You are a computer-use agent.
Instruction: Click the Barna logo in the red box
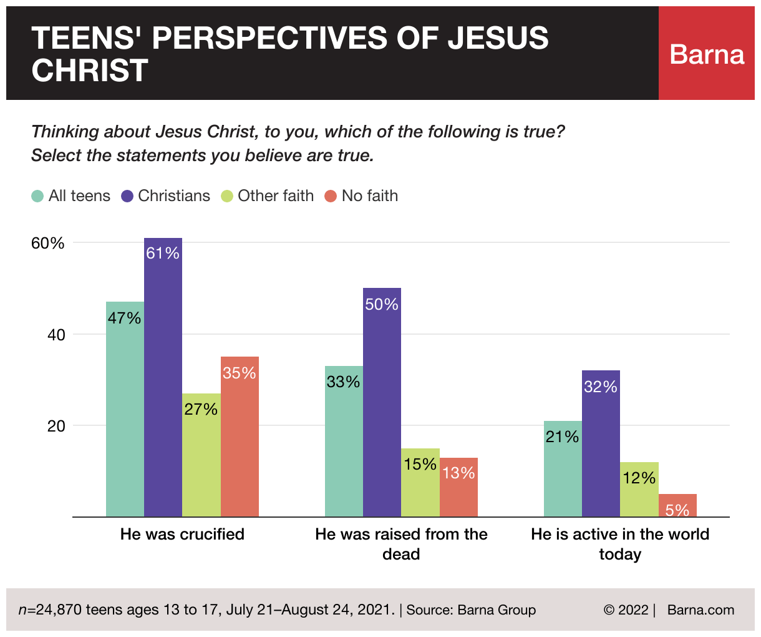click(707, 54)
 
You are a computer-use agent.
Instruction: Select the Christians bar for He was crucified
click(163, 377)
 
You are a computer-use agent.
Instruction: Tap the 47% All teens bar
click(125, 409)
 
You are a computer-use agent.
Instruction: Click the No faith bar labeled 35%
click(240, 437)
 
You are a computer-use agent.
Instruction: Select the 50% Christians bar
click(382, 402)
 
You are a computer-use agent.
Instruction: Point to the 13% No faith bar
click(458, 487)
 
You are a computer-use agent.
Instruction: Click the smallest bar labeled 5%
click(677, 506)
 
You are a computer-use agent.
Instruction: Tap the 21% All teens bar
click(563, 468)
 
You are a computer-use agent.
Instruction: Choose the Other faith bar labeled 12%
click(639, 490)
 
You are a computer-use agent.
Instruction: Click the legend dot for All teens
click(37, 196)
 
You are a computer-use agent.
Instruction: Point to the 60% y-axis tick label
click(48, 243)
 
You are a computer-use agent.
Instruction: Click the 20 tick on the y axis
click(56, 426)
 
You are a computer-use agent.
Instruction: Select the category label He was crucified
click(182, 534)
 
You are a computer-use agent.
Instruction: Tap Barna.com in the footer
click(700, 610)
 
